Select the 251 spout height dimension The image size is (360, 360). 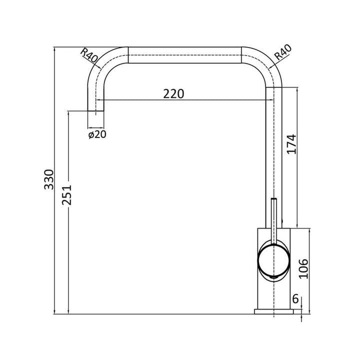pyautogui.click(x=68, y=195)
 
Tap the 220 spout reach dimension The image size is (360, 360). pyautogui.click(x=173, y=93)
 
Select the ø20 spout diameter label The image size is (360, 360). pyautogui.click(x=96, y=134)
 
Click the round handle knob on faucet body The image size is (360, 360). pyautogui.click(x=272, y=259)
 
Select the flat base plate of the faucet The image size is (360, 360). pyautogui.click(x=273, y=312)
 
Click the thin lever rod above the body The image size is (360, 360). pyautogui.click(x=273, y=215)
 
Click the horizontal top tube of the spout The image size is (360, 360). pyautogui.click(x=185, y=54)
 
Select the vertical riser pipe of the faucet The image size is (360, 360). pyautogui.click(x=273, y=150)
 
